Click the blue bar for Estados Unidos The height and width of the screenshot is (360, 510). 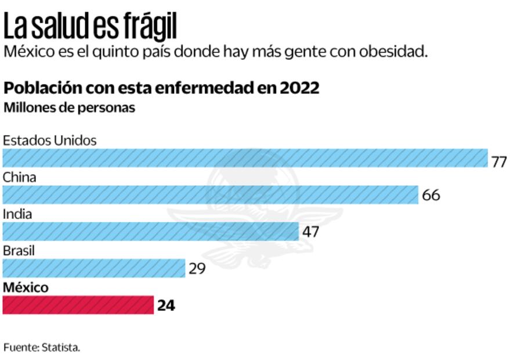click(x=245, y=158)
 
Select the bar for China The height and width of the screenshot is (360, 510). click(x=210, y=195)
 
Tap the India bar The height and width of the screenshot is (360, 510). click(x=150, y=231)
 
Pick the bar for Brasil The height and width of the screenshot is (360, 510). click(x=94, y=268)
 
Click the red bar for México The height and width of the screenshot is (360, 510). click(x=78, y=305)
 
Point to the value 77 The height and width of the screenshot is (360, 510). click(x=499, y=161)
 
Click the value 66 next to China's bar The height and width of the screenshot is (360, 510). click(x=431, y=195)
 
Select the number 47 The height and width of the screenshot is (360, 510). click(x=310, y=232)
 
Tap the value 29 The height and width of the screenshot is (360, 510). click(x=197, y=269)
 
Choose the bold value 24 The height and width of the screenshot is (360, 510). click(x=166, y=305)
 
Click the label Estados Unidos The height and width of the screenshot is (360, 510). click(x=50, y=140)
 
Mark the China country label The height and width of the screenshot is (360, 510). click(x=19, y=177)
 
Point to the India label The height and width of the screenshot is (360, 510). click(x=17, y=214)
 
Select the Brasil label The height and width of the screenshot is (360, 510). click(x=19, y=251)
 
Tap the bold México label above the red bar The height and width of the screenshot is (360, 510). click(x=26, y=287)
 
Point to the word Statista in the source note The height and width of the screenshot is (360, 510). click(x=62, y=348)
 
